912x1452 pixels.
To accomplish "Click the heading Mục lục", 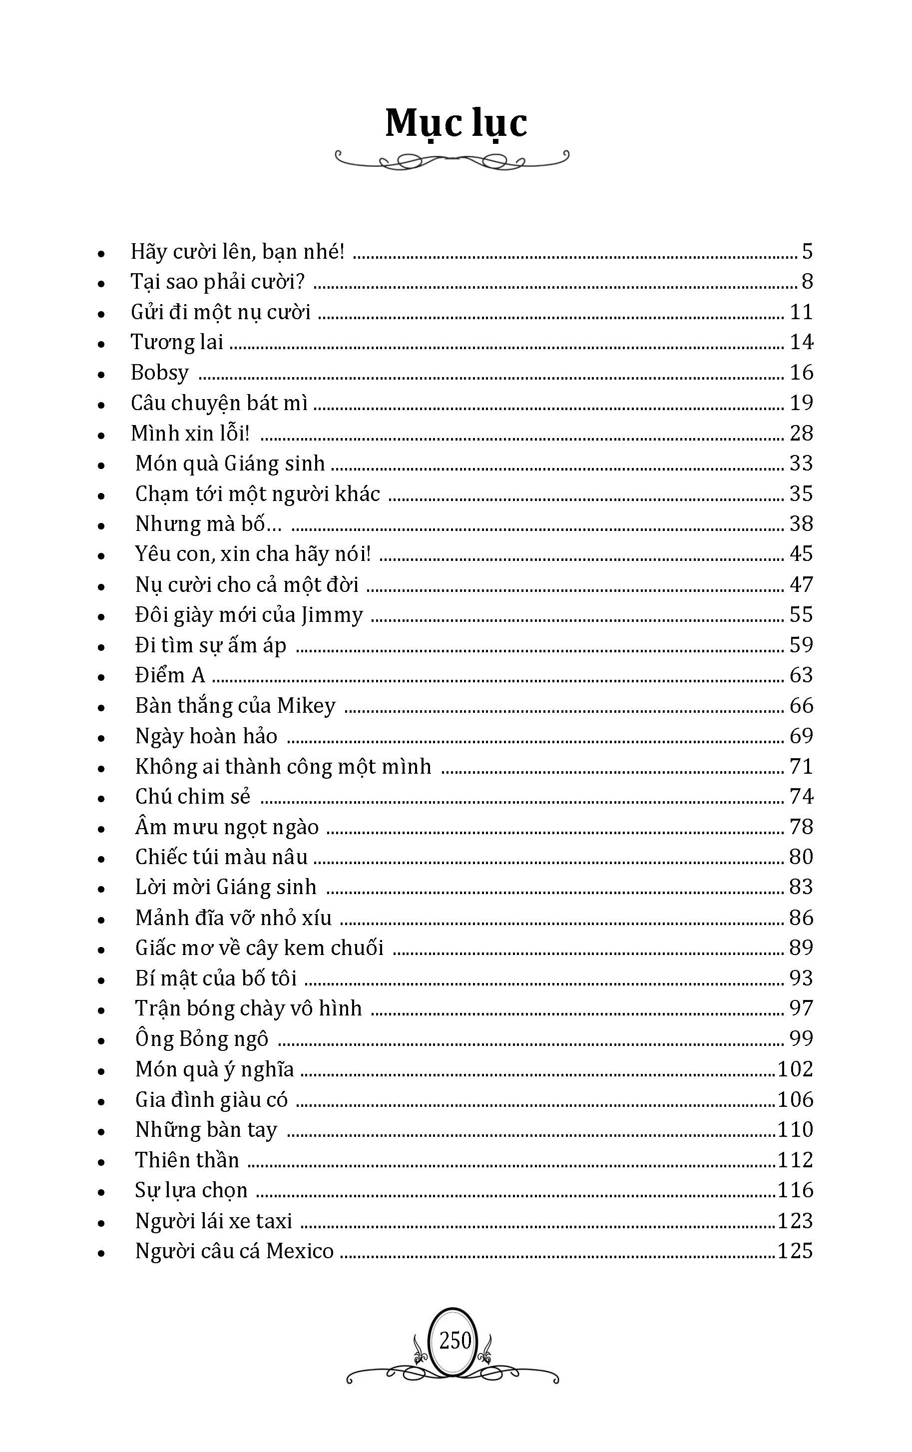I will coord(456,123).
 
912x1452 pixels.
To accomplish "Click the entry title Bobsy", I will coord(160,373).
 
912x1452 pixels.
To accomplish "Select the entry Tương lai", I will coord(177,343).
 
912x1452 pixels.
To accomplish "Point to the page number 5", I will coord(807,251).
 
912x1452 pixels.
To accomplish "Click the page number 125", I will coord(795,1251).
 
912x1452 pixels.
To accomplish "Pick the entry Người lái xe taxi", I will coord(213,1220).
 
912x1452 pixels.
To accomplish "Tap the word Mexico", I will coord(300,1251).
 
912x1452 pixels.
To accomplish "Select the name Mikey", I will coord(306,705).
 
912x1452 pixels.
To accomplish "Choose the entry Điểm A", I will coord(170,675).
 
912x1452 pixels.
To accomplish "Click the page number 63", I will coord(801,675).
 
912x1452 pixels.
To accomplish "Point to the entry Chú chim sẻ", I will coord(192,797).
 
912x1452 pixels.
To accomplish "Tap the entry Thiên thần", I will coord(187,1159).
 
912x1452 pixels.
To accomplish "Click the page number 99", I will coord(801,1038).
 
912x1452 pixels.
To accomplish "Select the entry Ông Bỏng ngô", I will coord(201,1038).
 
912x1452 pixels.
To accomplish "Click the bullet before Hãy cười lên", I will coord(101,253).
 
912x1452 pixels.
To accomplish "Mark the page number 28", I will coord(801,433).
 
